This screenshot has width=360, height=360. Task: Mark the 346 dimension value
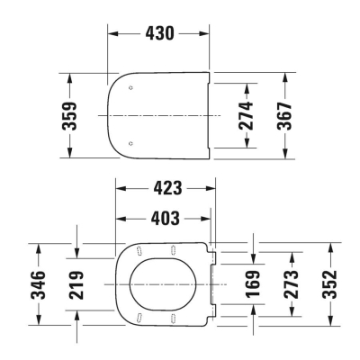coord(37,285)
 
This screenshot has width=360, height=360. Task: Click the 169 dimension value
coord(254,285)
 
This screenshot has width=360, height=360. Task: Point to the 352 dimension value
coord(330,285)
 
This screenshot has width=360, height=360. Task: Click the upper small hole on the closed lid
coord(132,88)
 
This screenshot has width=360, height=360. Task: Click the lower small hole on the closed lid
coord(132,142)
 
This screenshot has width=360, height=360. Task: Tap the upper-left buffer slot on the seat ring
coord(139,249)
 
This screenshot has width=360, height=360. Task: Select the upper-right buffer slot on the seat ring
coord(173,249)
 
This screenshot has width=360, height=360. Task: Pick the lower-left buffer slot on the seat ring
coord(139,317)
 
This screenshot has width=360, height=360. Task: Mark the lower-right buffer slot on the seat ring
coord(173,317)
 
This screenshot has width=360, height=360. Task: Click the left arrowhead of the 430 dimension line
coord(112,31)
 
